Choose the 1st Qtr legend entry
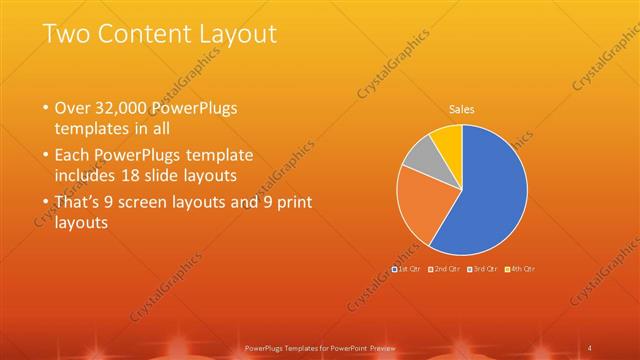[x=407, y=268]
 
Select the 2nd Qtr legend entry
[x=444, y=268]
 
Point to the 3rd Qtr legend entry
[x=482, y=268]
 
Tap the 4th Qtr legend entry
[x=520, y=268]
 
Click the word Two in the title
[x=66, y=34]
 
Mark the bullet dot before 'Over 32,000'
[x=44, y=107]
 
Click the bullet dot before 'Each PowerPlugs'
[x=44, y=155]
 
